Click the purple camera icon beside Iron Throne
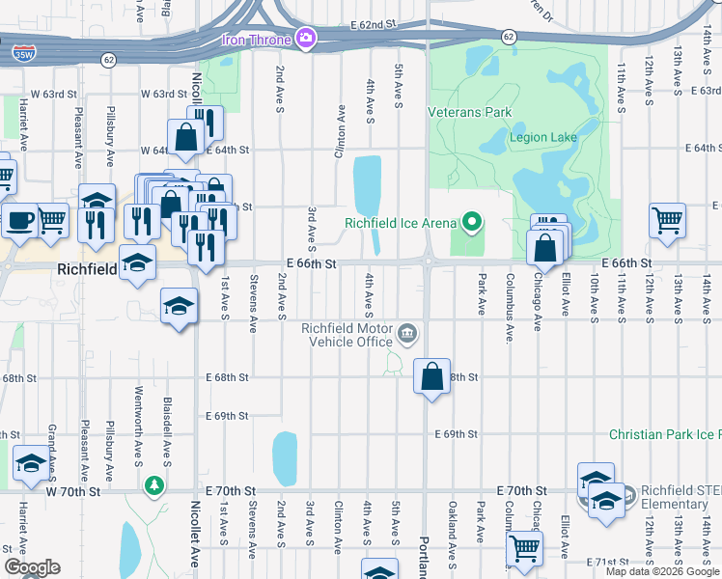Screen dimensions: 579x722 pos(307,38)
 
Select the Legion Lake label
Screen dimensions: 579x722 pos(542,137)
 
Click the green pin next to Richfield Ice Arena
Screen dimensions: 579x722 pos(472,223)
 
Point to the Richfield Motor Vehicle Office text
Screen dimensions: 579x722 pos(347,335)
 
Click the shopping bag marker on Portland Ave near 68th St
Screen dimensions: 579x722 pos(431,374)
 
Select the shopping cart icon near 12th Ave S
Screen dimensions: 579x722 pos(668,220)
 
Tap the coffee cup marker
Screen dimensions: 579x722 pos(19,220)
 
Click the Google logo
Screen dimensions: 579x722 pos(32,567)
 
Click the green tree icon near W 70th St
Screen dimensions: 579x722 pos(153,483)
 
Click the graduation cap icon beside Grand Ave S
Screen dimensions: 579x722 pos(30,466)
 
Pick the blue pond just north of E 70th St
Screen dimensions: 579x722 pos(285,458)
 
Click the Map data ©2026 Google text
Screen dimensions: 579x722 pos(661,571)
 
